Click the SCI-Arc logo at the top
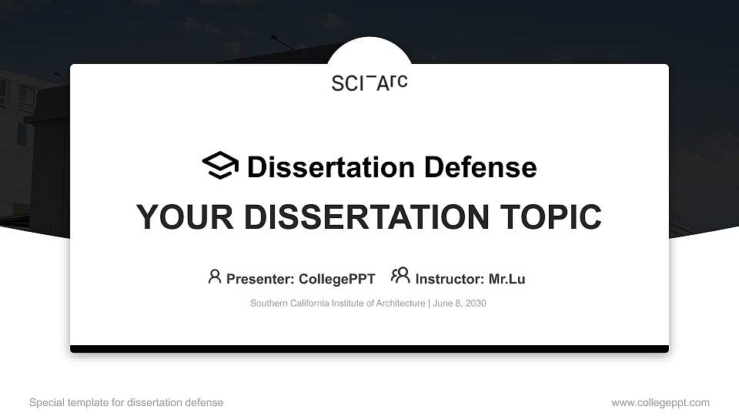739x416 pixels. point(369,82)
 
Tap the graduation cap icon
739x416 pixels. point(220,166)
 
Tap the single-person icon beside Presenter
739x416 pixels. point(215,277)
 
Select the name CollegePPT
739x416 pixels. point(336,279)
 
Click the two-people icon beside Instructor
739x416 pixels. point(400,276)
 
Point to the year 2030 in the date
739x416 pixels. point(474,304)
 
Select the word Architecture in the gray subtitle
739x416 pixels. point(400,304)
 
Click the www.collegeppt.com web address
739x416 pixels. point(660,402)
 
